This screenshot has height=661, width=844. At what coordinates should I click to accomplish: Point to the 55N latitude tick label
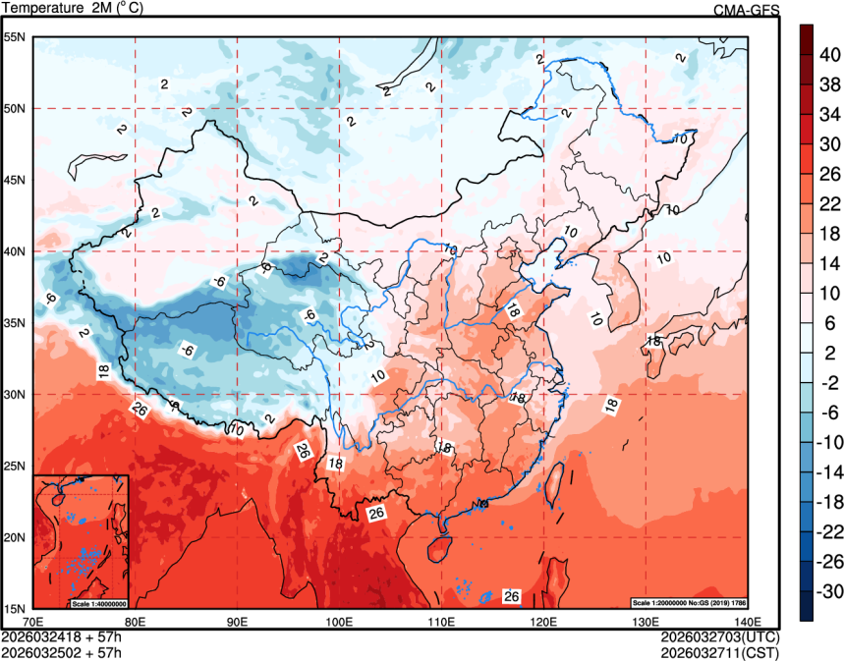click(x=14, y=37)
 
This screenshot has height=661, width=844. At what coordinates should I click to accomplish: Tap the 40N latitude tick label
click(x=14, y=251)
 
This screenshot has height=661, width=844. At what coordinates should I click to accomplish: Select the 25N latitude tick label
click(x=14, y=466)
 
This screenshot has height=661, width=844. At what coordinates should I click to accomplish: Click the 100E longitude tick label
click(x=339, y=621)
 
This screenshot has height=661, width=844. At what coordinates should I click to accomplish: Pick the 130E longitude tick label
click(x=645, y=621)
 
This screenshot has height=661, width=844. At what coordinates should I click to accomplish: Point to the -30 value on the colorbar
click(x=829, y=591)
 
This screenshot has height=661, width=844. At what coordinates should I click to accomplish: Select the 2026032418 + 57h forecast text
click(x=62, y=636)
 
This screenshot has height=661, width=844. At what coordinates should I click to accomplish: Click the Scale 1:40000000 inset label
click(x=98, y=603)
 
